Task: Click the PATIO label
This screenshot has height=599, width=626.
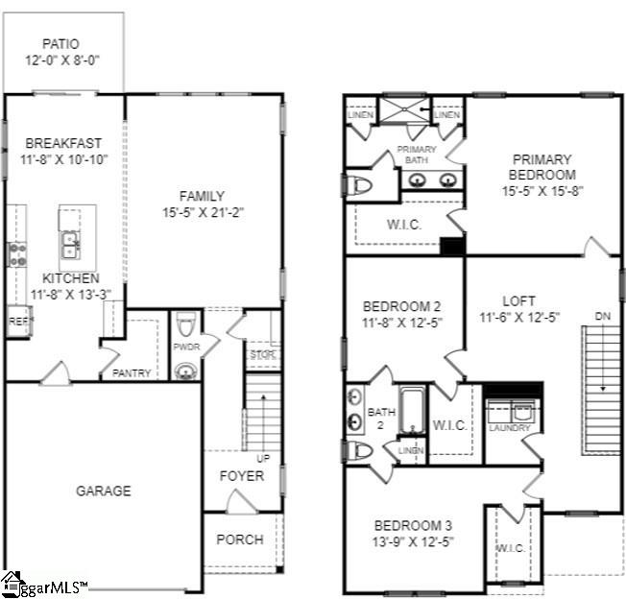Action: [x=60, y=43]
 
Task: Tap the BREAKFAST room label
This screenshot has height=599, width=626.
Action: [x=63, y=143]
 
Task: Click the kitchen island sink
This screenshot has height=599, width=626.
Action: [x=71, y=246]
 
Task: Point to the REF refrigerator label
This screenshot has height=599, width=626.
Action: [x=18, y=322]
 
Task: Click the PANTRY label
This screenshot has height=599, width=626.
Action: [x=132, y=372]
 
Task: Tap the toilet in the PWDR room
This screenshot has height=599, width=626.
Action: [x=186, y=323]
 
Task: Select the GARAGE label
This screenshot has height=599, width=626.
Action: [x=104, y=491]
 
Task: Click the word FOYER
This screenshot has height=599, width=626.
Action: [x=241, y=475]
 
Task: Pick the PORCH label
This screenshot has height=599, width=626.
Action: [x=239, y=539]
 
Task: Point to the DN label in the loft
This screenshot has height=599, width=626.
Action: [x=602, y=316]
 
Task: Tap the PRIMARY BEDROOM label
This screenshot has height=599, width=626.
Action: [x=542, y=167]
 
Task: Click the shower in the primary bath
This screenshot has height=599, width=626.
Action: [x=405, y=108]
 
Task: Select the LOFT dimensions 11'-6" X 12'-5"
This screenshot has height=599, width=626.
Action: [x=519, y=316]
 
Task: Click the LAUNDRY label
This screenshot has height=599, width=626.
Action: [x=509, y=427]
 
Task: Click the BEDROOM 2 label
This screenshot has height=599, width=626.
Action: [x=401, y=306]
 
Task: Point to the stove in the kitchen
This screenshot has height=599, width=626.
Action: [x=16, y=254]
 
